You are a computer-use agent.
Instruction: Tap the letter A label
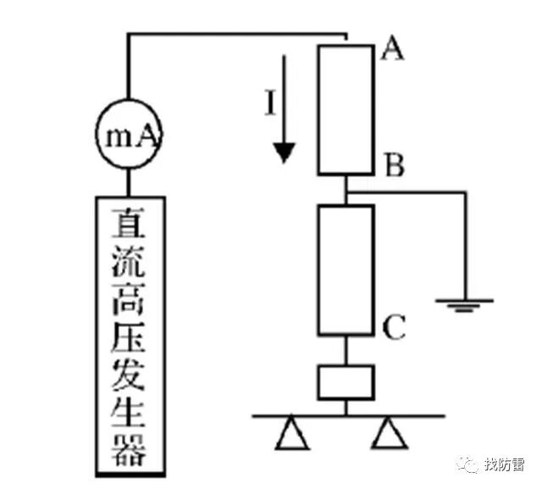(391, 49)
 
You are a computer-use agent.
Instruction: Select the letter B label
(393, 165)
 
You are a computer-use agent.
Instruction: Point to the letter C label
(394, 326)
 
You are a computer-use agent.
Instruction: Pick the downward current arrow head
(285, 153)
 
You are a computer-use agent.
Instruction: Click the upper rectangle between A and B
(346, 108)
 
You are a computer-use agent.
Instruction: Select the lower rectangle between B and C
(346, 270)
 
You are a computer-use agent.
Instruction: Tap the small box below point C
(346, 381)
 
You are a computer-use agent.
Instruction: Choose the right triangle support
(390, 434)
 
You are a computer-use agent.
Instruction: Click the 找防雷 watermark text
(505, 465)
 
